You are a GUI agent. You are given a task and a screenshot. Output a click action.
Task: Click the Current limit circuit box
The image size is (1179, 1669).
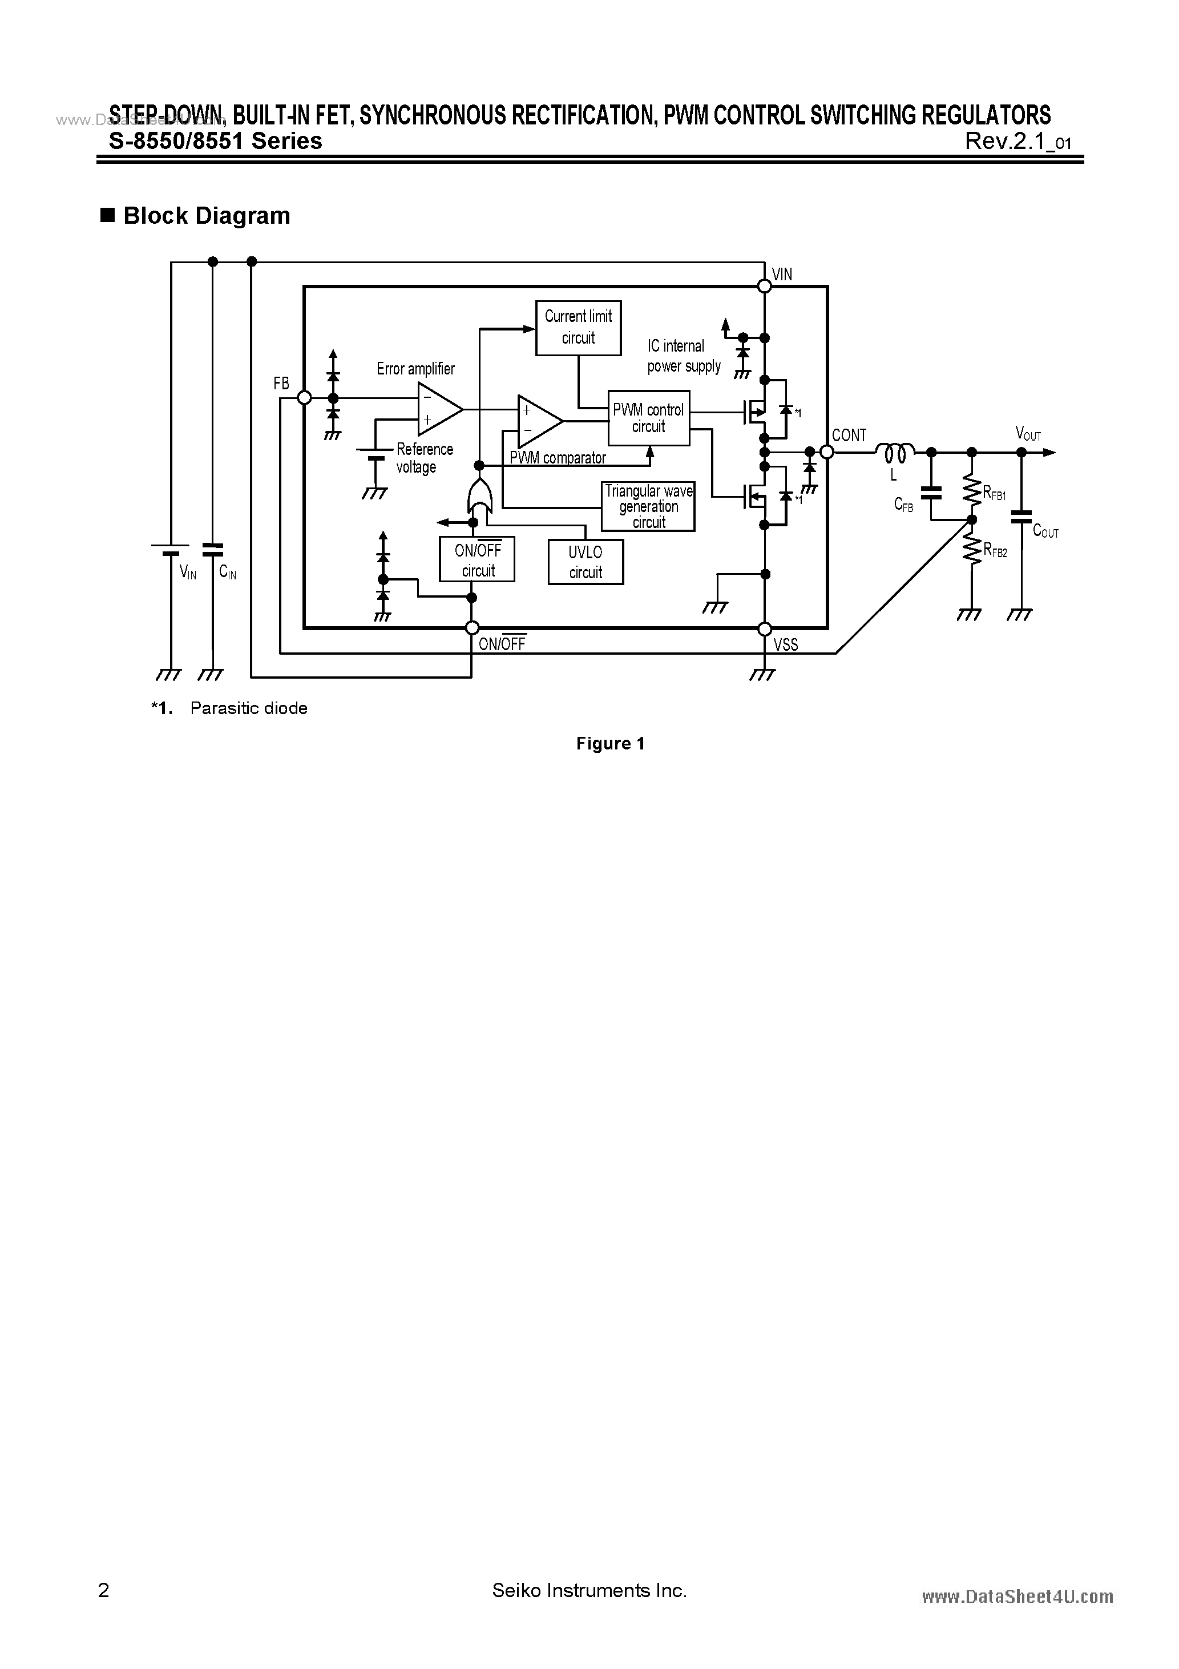578,328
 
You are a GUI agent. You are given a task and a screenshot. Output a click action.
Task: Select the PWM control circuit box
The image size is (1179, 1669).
648,418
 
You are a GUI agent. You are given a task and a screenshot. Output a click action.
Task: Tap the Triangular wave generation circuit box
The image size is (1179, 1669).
648,507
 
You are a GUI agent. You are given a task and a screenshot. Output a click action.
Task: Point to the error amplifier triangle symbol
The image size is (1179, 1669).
438,409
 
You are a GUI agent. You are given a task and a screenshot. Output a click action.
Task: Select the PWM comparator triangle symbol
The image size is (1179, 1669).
538,422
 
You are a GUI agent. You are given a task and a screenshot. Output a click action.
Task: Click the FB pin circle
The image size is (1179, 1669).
305,398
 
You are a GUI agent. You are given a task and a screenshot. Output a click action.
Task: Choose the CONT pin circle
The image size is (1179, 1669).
826,452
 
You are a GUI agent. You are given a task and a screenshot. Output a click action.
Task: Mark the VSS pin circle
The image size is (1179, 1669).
764,628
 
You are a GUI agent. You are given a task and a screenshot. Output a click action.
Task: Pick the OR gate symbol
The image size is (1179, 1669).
478,497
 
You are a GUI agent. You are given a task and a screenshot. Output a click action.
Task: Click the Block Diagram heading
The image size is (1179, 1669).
207,216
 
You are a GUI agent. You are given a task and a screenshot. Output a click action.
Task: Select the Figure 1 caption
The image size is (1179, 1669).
610,744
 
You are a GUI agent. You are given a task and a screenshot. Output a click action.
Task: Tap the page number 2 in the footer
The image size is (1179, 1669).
103,1590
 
